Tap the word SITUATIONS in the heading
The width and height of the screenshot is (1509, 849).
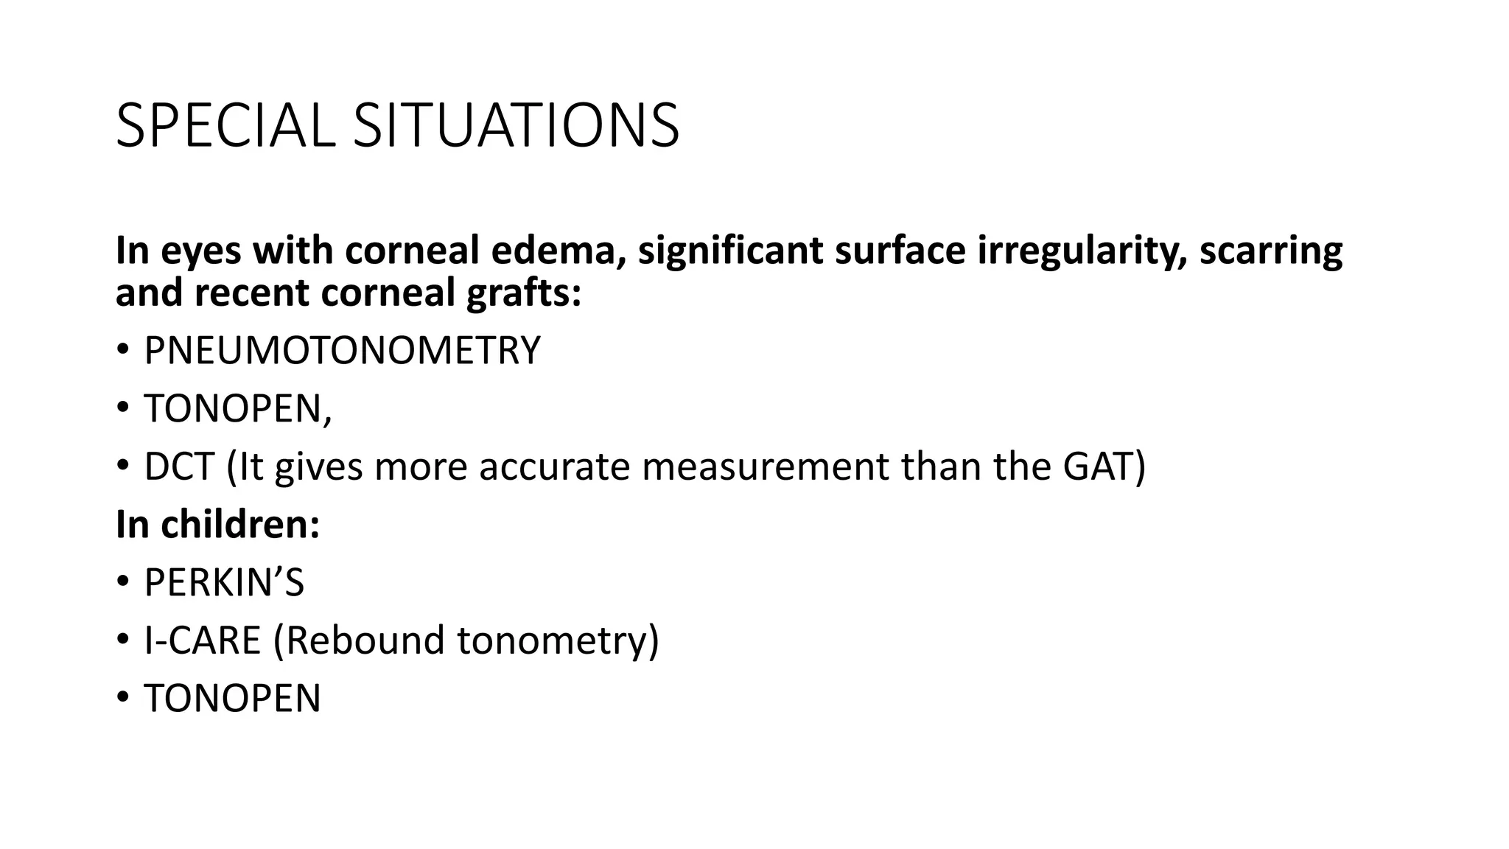(x=516, y=126)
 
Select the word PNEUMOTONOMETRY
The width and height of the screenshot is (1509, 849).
(x=342, y=351)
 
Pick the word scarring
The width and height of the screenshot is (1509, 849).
(x=1271, y=252)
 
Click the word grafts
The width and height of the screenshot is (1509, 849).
(x=524, y=294)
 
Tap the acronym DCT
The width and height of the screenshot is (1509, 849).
(x=179, y=467)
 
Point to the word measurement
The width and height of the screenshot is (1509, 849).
(x=766, y=467)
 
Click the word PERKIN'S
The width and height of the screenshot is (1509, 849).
(x=224, y=583)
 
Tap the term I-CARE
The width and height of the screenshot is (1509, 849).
(x=203, y=640)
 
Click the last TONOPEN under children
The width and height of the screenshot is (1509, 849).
(x=232, y=699)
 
